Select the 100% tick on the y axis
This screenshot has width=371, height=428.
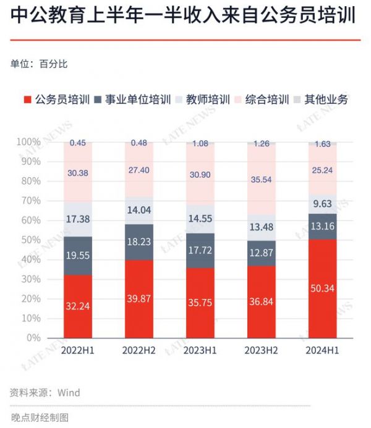click(28, 142)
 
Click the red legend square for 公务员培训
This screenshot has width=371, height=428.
click(27, 99)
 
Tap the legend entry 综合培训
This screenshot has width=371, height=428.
click(267, 99)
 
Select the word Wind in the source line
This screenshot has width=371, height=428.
click(69, 392)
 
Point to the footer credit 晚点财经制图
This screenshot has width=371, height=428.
click(40, 417)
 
